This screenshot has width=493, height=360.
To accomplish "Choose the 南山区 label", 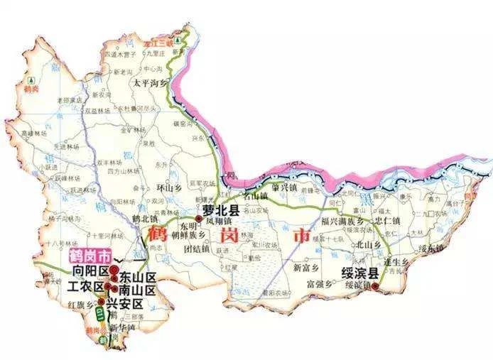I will click(137, 290).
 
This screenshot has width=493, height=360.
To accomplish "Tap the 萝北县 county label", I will click(219, 211).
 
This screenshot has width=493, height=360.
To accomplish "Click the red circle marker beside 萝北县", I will click(199, 219).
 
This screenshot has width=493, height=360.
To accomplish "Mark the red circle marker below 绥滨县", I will click(375, 288).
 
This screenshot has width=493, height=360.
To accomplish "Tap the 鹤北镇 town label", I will click(144, 220).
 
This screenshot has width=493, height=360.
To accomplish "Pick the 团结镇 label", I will click(197, 249).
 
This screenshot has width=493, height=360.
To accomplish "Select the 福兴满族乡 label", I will click(344, 220).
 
